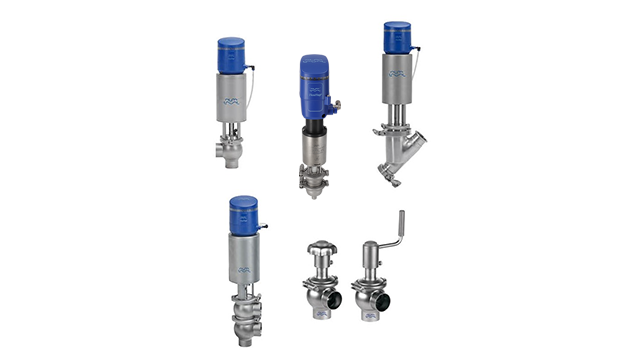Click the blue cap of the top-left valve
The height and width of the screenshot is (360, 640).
point(232,55)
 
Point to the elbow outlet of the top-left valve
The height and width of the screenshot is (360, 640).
point(221,154)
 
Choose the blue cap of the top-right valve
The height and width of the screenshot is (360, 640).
point(399,37)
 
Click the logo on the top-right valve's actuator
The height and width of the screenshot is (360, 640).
point(398,74)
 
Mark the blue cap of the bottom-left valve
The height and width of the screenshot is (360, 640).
point(244,212)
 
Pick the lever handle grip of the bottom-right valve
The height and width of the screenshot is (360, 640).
point(399,223)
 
